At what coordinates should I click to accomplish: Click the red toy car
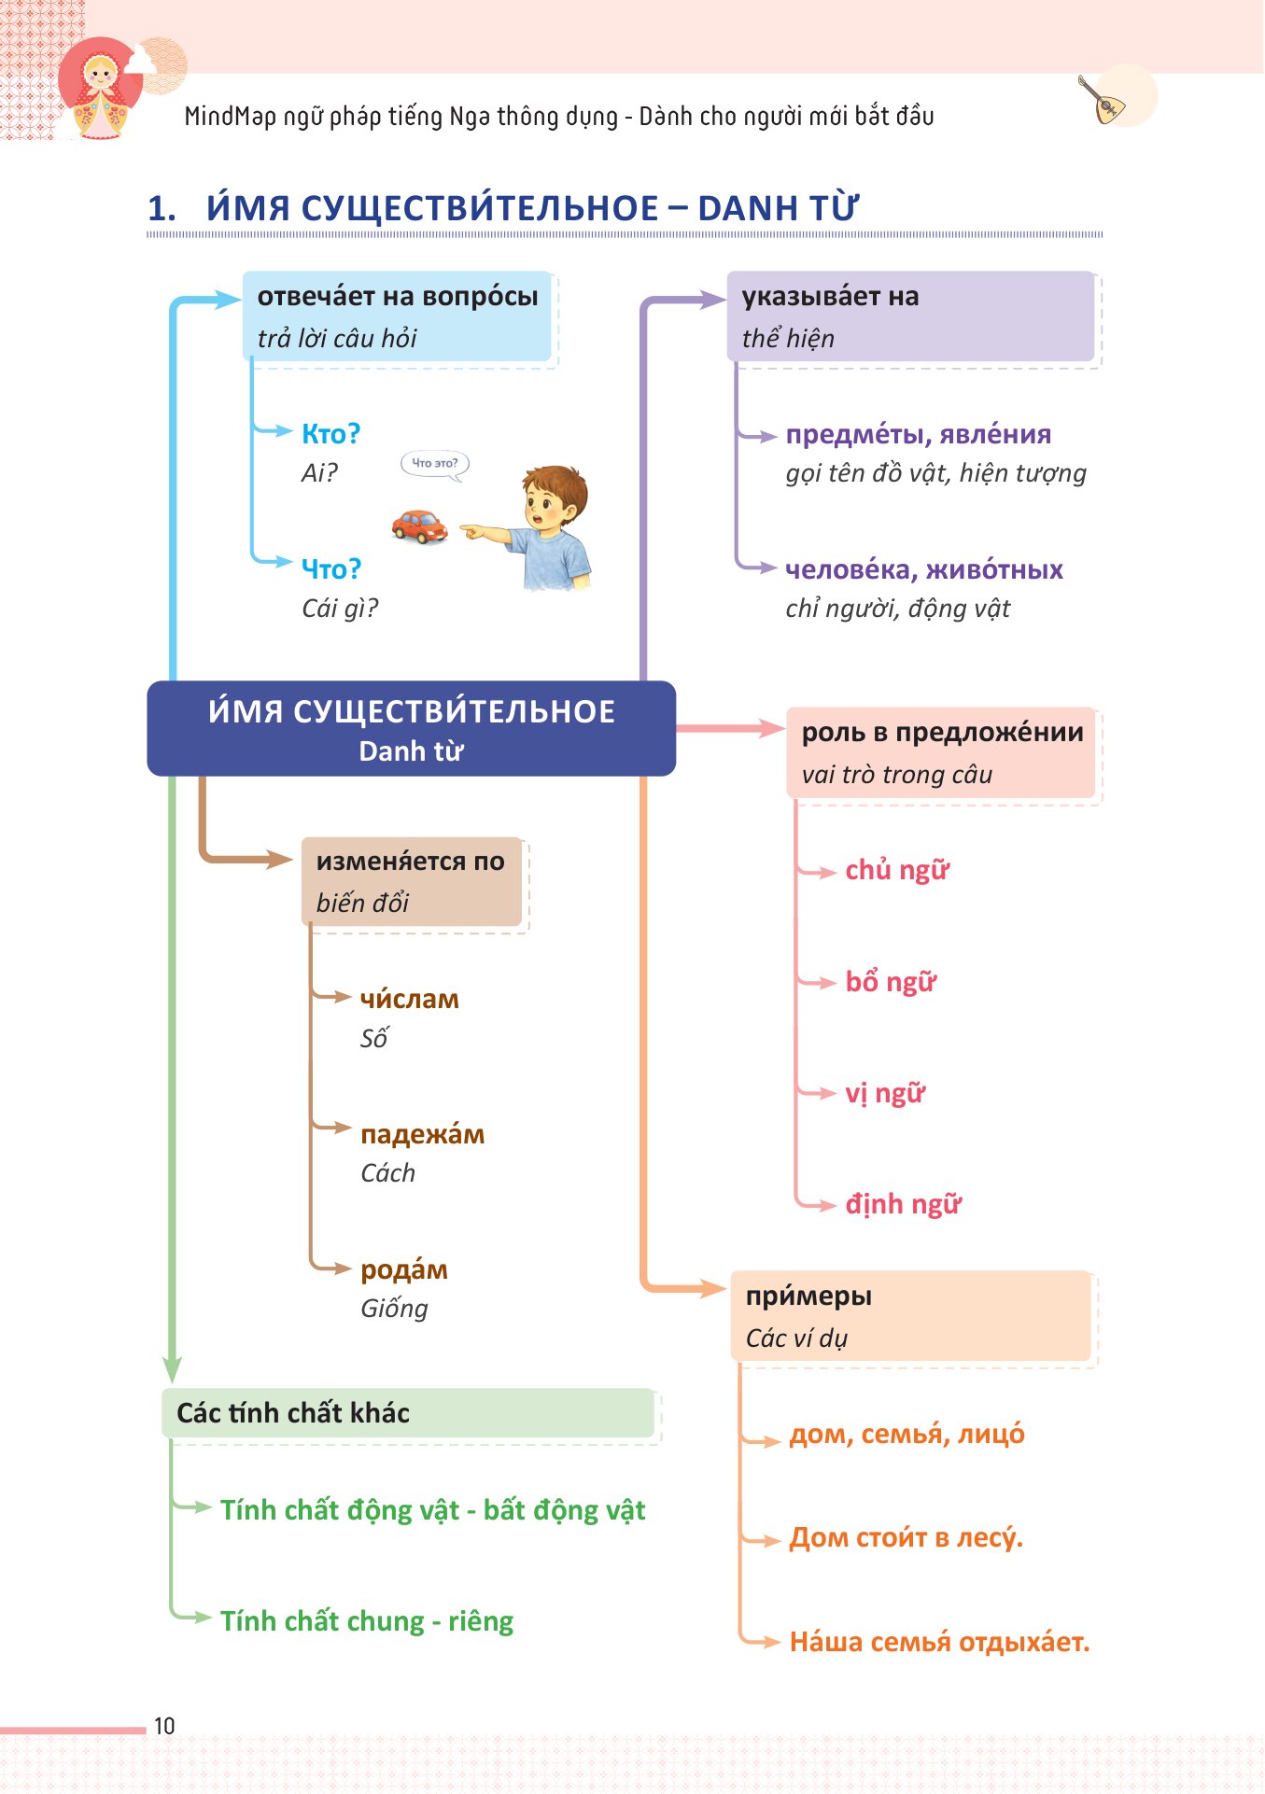pos(419,526)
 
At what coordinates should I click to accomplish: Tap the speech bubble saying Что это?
pos(435,465)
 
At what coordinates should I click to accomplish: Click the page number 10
pos(164,1726)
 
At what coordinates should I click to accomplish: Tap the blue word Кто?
pos(330,434)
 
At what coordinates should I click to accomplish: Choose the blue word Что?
pos(330,568)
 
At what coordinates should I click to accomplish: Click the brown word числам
pos(410,999)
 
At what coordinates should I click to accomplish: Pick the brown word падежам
pos(423,1134)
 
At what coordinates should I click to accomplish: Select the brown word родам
pos(404,1269)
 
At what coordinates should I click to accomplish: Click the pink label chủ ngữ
pos(897,870)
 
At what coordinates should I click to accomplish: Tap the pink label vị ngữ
pos(885,1093)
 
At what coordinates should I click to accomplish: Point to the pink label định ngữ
pos(903,1204)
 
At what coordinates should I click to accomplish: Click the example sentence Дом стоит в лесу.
pos(907,1537)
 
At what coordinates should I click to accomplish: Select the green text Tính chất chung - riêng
pos(367,1621)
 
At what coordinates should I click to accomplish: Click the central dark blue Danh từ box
pos(412,728)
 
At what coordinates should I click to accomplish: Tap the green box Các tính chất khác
pos(408,1412)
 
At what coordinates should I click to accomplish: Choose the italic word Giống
pos(394,1309)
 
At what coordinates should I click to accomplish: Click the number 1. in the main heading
pos(162,208)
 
